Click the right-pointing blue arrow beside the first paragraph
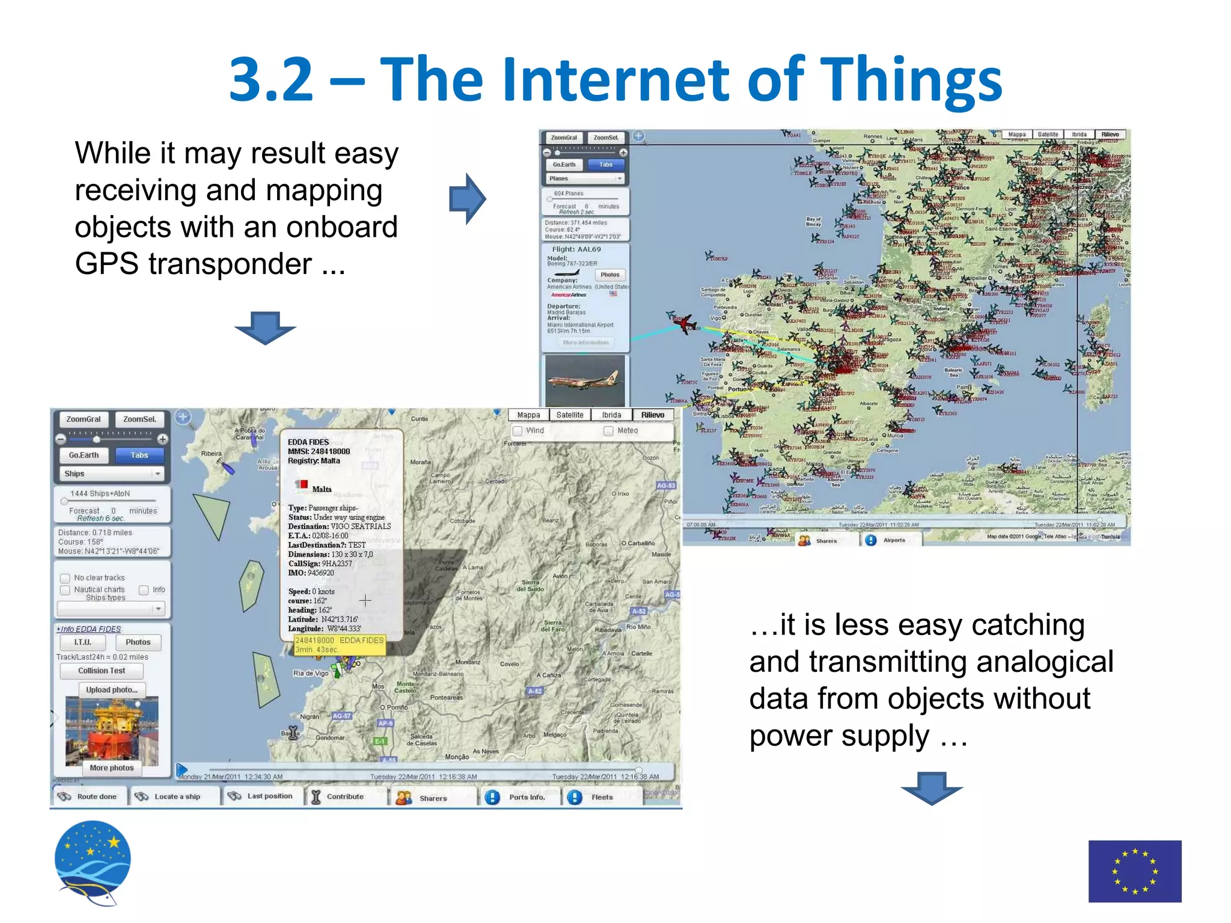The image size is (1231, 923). click(x=467, y=199)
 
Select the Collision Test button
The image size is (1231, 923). click(x=102, y=671)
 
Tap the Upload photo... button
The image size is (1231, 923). click(x=112, y=690)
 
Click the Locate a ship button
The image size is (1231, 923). click(x=168, y=796)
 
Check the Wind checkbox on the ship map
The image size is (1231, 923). click(x=518, y=431)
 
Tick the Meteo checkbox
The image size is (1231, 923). click(x=608, y=431)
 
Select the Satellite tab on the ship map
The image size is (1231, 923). click(x=569, y=415)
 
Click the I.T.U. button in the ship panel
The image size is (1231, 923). click(x=82, y=642)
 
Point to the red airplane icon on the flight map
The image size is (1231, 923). click(x=684, y=323)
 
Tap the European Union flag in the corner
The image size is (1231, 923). click(x=1134, y=871)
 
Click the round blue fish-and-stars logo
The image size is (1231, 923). click(x=93, y=862)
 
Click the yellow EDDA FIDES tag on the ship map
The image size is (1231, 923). click(x=339, y=645)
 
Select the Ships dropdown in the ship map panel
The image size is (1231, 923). click(x=112, y=474)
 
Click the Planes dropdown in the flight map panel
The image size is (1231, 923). click(x=585, y=178)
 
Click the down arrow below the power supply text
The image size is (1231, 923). click(x=931, y=788)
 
